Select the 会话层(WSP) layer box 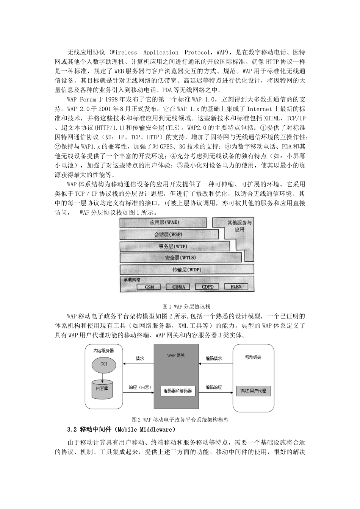169,234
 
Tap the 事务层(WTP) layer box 174,247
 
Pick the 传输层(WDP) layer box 186,270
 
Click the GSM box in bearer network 150,287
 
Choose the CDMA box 178,287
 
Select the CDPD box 207,287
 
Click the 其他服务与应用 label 239,226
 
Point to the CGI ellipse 104,364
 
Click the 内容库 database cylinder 102,389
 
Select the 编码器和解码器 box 177,391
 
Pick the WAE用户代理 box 253,391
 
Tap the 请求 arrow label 140,358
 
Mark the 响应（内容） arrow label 140,387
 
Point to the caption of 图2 180,420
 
